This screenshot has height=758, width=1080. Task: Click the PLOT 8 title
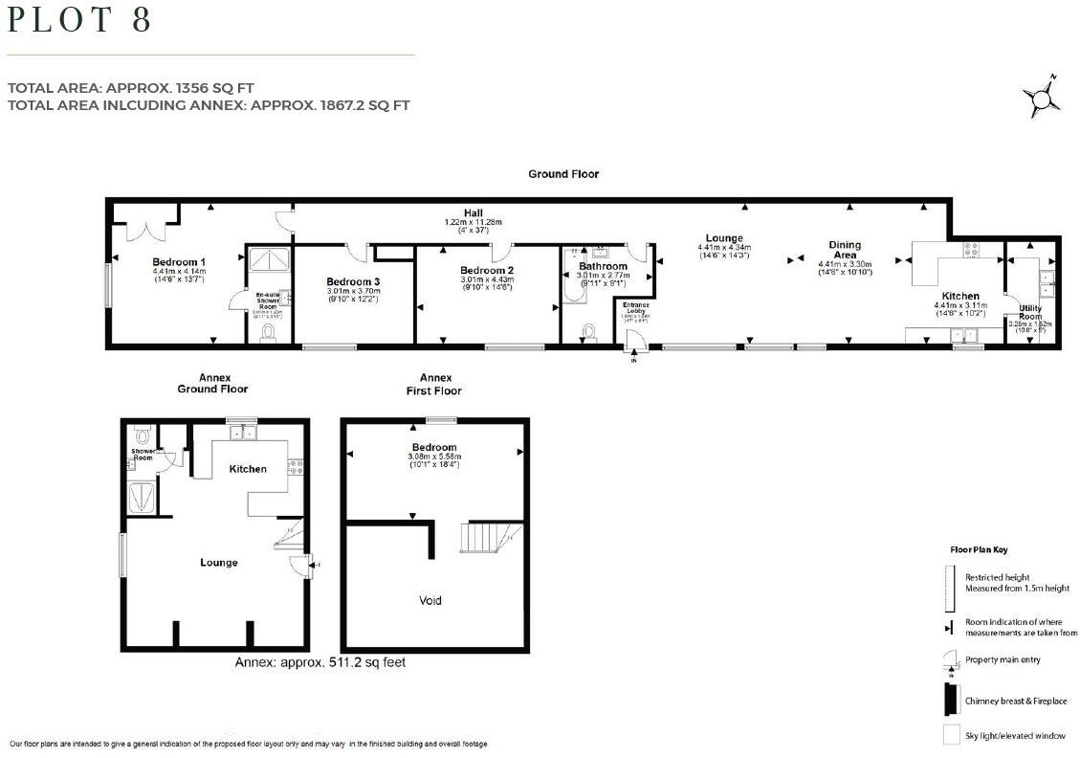click(x=80, y=20)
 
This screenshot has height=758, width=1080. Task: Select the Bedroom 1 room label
click(x=179, y=261)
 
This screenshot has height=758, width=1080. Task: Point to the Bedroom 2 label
click(x=487, y=271)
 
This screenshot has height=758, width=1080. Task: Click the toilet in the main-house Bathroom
click(x=588, y=331)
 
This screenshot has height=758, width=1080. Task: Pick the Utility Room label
click(x=1029, y=311)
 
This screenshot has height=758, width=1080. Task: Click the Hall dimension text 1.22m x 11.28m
click(x=474, y=222)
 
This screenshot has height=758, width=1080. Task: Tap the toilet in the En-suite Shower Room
click(x=269, y=331)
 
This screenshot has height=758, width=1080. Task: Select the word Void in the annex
click(x=430, y=601)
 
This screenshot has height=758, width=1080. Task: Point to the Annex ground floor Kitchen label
click(x=247, y=469)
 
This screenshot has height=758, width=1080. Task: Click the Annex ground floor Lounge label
click(x=219, y=563)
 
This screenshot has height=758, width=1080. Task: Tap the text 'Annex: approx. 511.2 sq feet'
click(x=320, y=661)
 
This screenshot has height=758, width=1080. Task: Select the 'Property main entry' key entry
click(x=1001, y=660)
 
